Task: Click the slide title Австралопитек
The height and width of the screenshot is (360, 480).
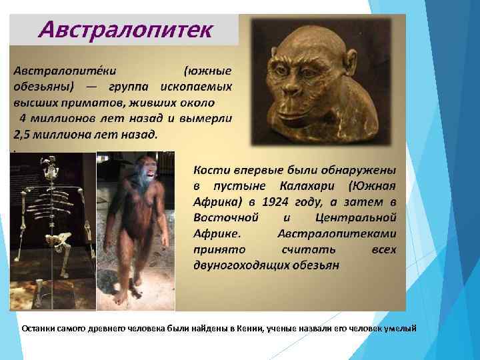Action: click(127, 29)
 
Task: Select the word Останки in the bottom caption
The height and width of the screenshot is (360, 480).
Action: click(39, 328)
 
